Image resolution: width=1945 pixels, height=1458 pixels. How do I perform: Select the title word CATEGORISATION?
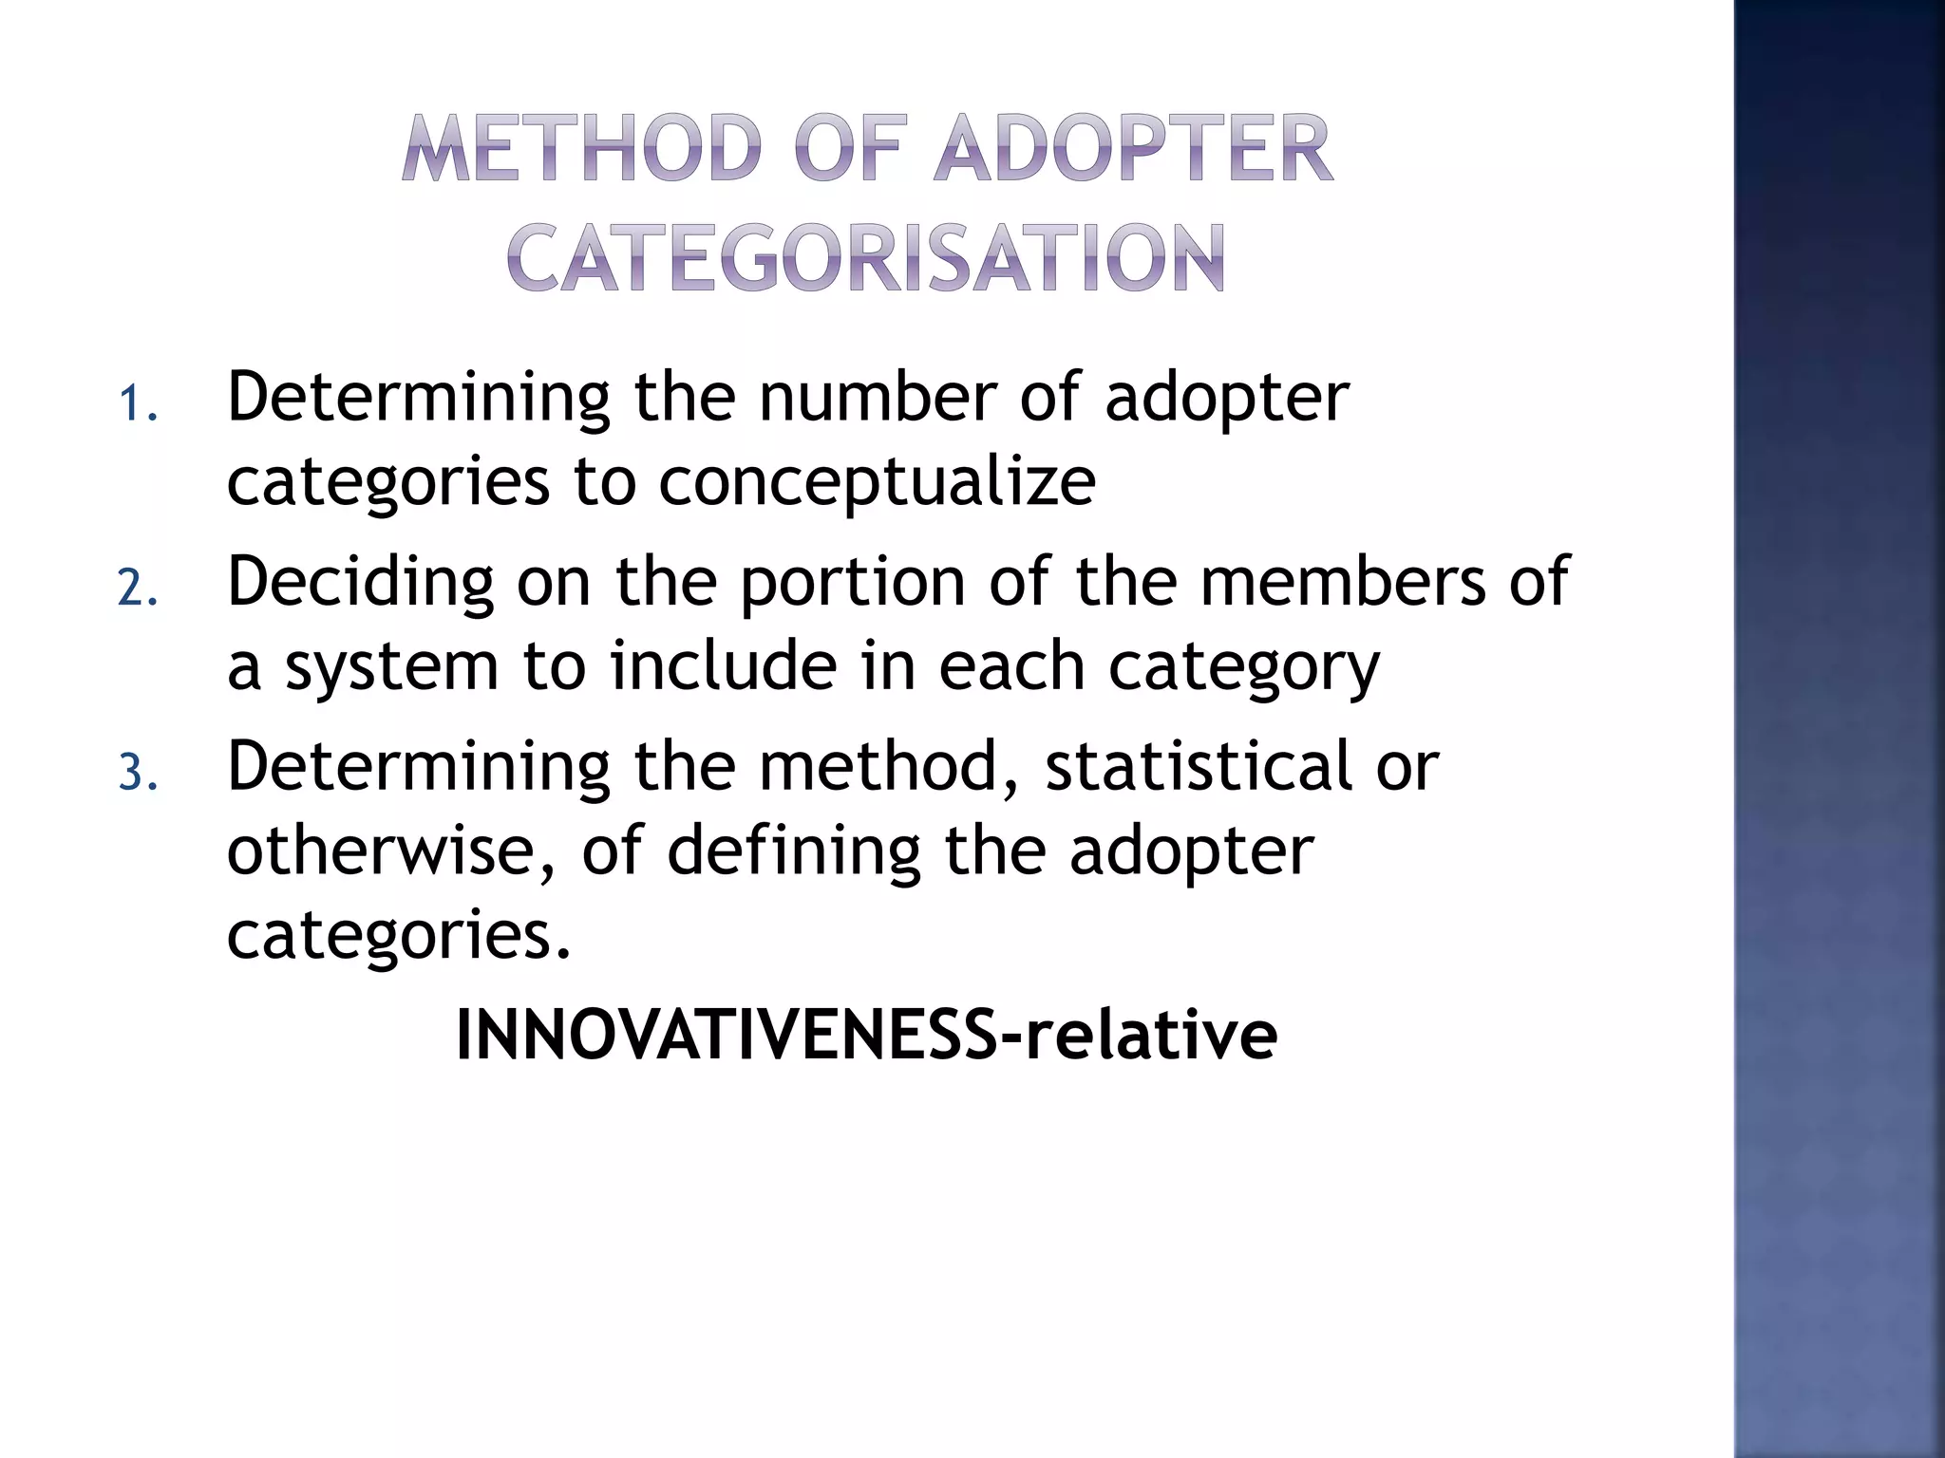click(x=865, y=257)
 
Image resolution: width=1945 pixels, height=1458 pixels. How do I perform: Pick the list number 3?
click(x=137, y=773)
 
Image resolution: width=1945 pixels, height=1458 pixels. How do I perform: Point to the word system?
click(x=391, y=667)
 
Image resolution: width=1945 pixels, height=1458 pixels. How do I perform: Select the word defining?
click(x=794, y=850)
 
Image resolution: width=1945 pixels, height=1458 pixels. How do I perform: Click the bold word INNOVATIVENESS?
click(x=727, y=1035)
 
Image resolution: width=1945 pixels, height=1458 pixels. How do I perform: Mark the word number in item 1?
click(x=877, y=397)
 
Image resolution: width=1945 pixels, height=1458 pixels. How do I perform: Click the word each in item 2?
click(x=1011, y=665)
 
